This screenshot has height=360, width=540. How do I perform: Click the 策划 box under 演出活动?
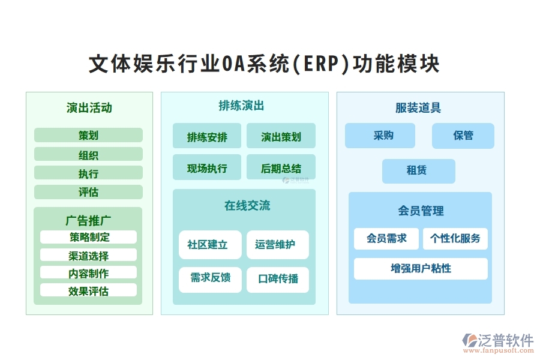(88, 135)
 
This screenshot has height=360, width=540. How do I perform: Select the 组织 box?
(88, 154)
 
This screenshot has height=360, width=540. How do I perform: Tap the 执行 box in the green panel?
(88, 173)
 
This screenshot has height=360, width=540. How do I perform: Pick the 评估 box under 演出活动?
(88, 192)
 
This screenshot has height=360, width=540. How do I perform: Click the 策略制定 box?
(88, 237)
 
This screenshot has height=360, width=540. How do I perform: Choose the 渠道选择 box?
(88, 255)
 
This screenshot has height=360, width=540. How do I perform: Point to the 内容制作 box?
(88, 273)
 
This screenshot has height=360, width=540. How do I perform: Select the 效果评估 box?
(88, 290)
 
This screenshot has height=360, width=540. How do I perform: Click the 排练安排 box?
(207, 136)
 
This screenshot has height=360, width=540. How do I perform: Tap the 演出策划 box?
(281, 136)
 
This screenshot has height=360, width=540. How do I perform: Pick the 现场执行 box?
(207, 167)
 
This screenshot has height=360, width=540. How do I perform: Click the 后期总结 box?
(281, 167)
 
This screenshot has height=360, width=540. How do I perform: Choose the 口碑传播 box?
(278, 280)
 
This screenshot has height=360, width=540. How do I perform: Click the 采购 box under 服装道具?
(380, 136)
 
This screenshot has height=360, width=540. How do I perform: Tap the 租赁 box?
(418, 171)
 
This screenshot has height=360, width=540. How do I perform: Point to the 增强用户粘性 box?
(421, 269)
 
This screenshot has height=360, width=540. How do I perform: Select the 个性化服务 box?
(455, 238)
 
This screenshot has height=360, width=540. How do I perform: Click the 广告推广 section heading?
(88, 220)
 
